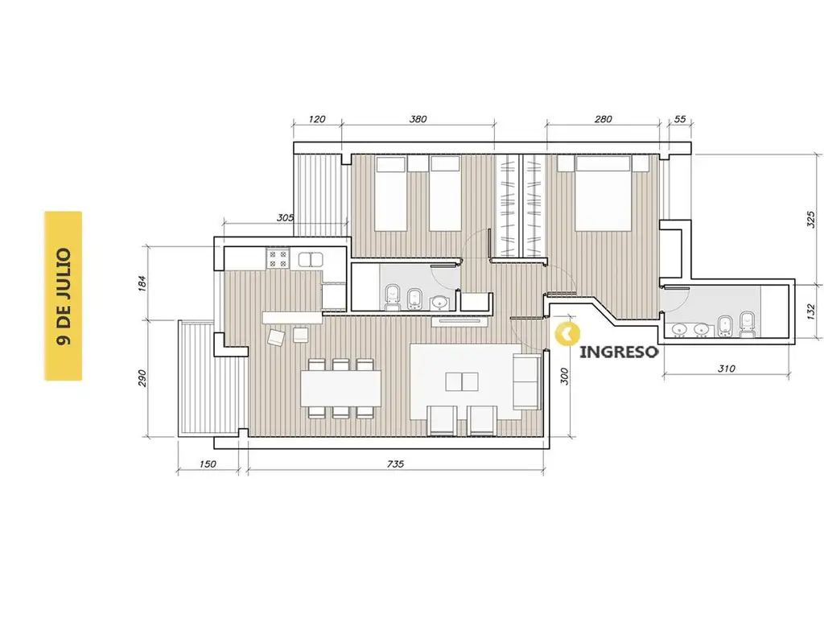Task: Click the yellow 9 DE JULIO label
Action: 63,296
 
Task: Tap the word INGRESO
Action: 619,352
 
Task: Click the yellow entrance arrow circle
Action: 567,333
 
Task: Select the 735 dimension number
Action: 395,464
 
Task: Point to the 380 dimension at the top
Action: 418,119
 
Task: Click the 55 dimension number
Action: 680,119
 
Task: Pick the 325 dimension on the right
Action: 811,219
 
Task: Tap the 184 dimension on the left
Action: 142,283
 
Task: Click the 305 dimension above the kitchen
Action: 285,217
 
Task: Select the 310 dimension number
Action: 727,369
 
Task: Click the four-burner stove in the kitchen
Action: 278,258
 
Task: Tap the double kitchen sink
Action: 311,260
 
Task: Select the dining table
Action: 341,389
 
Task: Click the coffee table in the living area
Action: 462,382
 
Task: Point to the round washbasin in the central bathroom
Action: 439,303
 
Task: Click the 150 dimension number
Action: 208,464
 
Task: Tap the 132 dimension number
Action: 811,311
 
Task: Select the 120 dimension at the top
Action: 317,119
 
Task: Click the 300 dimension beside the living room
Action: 564,377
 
